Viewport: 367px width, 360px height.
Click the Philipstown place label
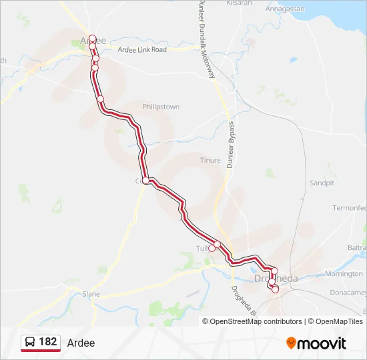coord(161,107)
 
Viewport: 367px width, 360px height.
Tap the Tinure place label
coord(210,160)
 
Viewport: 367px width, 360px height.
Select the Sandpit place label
coord(322,183)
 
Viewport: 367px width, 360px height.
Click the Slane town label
coord(91,293)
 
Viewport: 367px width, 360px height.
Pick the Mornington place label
coord(344,274)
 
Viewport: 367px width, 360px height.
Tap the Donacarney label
coord(350,293)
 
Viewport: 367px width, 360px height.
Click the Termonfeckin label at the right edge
coord(350,208)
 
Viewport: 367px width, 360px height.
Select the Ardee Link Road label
coord(142,50)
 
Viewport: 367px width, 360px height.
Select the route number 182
coord(47,342)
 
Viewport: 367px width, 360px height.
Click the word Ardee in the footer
coord(81,343)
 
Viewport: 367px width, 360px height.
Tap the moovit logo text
coord(322,343)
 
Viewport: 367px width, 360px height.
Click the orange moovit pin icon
coord(291,343)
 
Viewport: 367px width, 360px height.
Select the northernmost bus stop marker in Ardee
coord(92,38)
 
